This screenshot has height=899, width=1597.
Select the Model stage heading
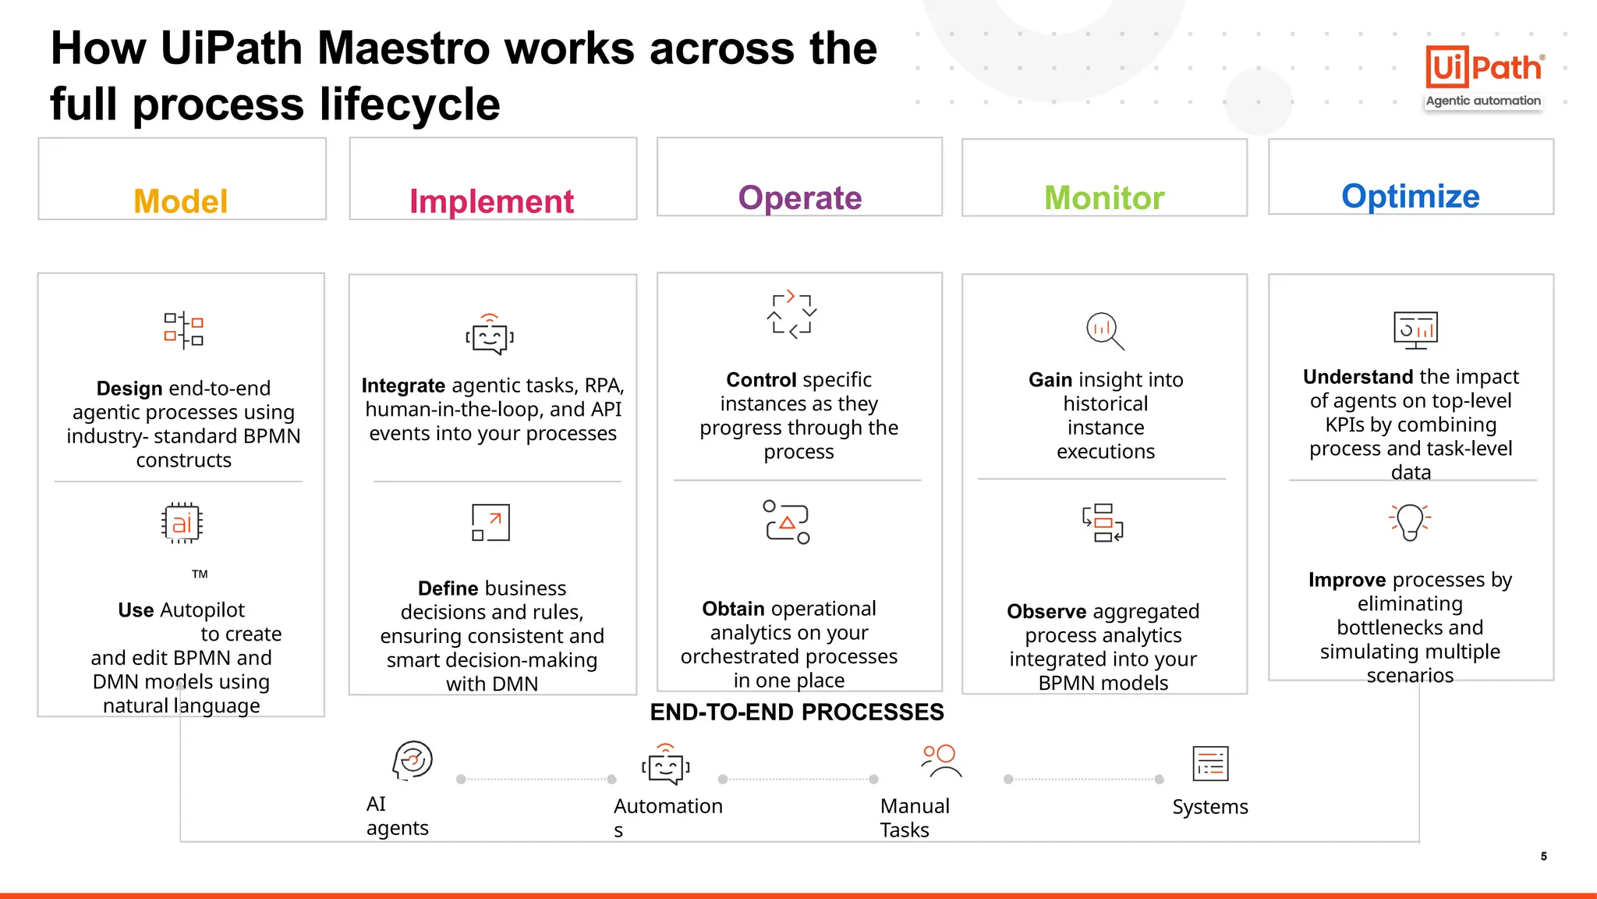181,201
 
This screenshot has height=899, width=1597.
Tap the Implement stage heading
491,201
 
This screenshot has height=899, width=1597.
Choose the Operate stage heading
799,197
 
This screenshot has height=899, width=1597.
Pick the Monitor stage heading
1104,197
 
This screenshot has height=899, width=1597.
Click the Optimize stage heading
1410,196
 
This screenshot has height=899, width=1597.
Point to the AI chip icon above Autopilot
182,523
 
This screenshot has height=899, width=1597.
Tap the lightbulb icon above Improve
1410,521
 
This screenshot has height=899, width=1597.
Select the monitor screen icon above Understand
1415,330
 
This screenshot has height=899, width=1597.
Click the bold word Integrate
403,386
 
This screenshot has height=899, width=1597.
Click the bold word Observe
1046,611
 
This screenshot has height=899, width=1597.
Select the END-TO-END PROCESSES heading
797,712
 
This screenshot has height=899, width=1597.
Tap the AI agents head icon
413,760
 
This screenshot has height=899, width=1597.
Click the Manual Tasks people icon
940,761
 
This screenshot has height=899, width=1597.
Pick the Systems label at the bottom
1209,807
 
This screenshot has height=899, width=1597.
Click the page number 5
1543,856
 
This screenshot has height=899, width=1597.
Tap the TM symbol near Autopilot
200,574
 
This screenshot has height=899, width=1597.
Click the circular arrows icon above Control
791,314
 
